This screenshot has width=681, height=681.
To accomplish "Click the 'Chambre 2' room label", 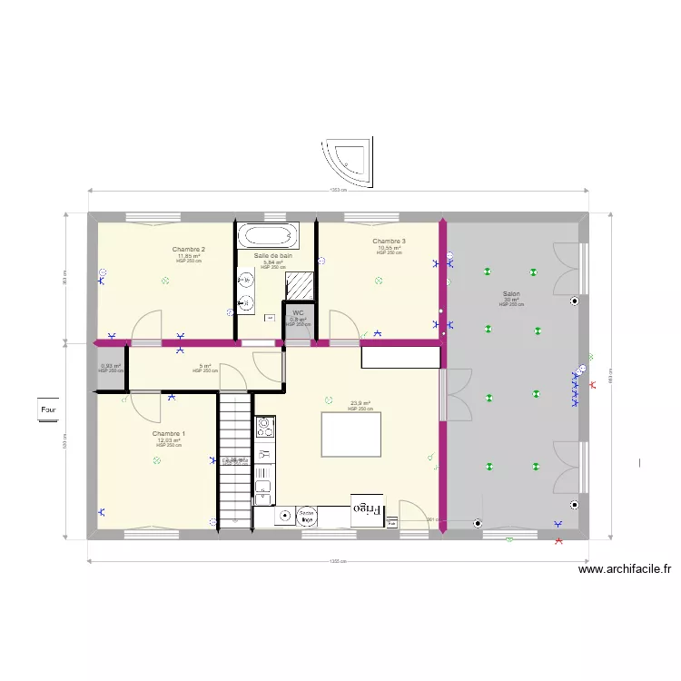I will (x=188, y=250).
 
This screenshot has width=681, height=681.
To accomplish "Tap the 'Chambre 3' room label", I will (x=389, y=241).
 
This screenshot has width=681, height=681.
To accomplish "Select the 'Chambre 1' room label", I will (x=169, y=434).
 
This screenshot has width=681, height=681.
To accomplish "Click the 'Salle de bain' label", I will (x=273, y=257).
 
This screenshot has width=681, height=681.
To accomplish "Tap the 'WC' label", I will (x=298, y=312).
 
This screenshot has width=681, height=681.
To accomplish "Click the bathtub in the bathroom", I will (x=267, y=236).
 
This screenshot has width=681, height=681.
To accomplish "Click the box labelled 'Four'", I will (x=48, y=410).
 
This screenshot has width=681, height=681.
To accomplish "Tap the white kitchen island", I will (x=351, y=435).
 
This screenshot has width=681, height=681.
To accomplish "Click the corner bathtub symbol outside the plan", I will (x=350, y=163).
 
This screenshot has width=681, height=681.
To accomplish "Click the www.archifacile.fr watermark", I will (x=625, y=570).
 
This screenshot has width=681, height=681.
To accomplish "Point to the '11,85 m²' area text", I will (x=189, y=256).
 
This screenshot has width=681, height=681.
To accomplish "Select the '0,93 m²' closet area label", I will (x=110, y=367).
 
